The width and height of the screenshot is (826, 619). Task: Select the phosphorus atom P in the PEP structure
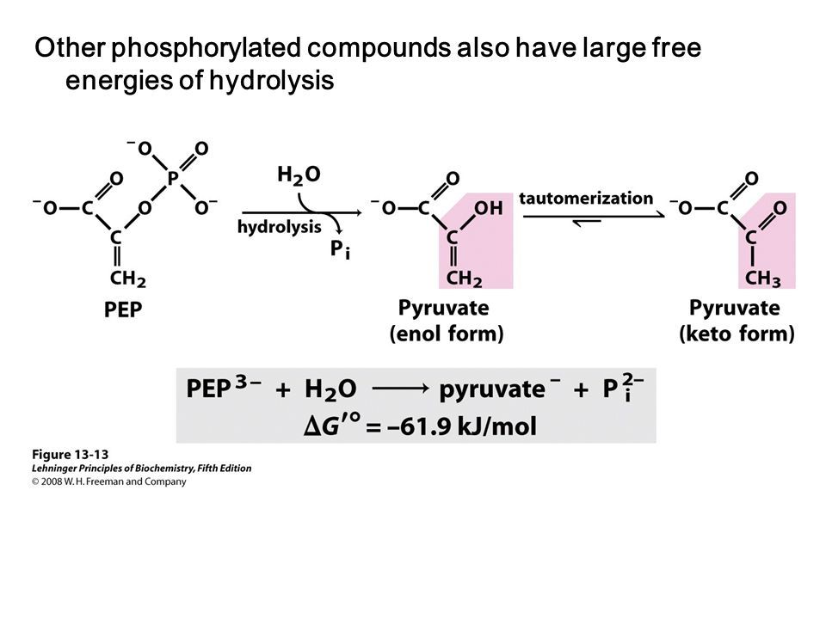click(173, 179)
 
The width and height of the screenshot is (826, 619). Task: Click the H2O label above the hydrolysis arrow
click(298, 174)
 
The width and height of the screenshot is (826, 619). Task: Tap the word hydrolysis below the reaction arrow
click(279, 227)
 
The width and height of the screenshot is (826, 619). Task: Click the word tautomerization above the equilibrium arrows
click(586, 198)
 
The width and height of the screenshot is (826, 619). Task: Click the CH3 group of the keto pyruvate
click(763, 279)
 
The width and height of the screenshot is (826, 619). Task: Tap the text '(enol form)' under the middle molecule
click(446, 334)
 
